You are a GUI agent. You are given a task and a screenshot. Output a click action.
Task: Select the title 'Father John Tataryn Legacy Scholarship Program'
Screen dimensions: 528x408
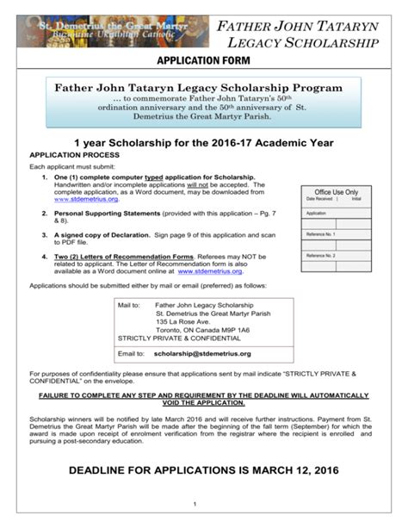pos(199,88)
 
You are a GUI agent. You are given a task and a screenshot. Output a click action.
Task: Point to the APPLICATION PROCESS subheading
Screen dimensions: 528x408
pos(77,154)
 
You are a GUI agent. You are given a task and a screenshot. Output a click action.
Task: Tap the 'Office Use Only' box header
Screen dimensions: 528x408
pos(337,192)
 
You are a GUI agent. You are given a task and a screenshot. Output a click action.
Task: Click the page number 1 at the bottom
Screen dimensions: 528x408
pos(196,504)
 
